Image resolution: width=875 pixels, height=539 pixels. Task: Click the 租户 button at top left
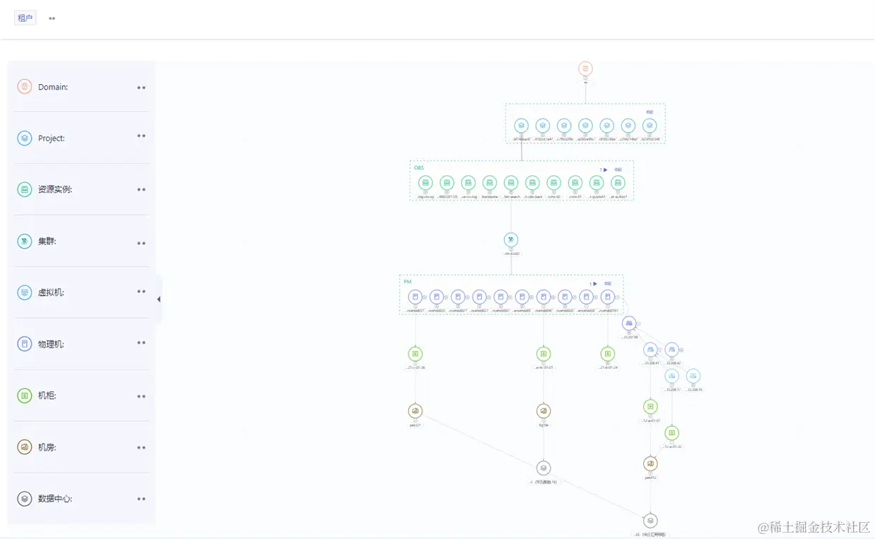click(x=25, y=18)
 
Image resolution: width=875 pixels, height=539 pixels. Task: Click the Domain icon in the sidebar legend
click(x=25, y=87)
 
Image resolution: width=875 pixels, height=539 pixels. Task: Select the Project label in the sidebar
click(x=51, y=138)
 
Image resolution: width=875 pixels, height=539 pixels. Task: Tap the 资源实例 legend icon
click(x=25, y=189)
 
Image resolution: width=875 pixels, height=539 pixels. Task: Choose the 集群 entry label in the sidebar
click(x=47, y=241)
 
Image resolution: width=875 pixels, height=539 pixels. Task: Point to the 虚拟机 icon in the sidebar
click(x=25, y=292)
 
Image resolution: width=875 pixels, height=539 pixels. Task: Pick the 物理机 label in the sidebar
click(x=51, y=344)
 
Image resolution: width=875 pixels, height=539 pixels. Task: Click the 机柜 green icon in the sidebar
click(x=25, y=396)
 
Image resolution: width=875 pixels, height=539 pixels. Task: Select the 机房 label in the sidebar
click(x=47, y=447)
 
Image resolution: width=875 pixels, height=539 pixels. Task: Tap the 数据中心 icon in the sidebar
click(x=25, y=499)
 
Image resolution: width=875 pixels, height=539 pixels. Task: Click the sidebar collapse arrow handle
click(x=158, y=300)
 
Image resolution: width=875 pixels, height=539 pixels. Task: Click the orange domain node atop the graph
click(x=585, y=69)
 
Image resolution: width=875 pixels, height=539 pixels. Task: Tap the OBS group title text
click(x=419, y=168)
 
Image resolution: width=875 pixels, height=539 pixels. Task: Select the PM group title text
click(x=407, y=282)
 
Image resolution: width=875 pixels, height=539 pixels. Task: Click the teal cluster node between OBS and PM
click(x=511, y=240)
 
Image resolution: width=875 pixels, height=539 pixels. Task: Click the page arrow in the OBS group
click(x=605, y=170)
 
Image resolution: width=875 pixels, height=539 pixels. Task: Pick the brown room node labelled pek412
click(x=650, y=464)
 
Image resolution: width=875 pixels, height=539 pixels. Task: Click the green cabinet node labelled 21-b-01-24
click(x=607, y=354)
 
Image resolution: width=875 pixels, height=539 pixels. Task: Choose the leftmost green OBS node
click(x=425, y=183)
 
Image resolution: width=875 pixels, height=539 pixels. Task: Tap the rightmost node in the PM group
click(x=607, y=297)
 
